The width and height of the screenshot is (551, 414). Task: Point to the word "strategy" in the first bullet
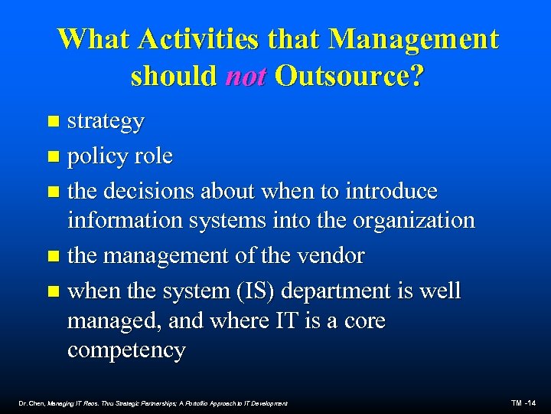(x=106, y=122)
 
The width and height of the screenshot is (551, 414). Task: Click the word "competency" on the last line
(x=126, y=352)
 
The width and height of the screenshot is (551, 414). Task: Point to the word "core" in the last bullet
(x=360, y=320)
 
